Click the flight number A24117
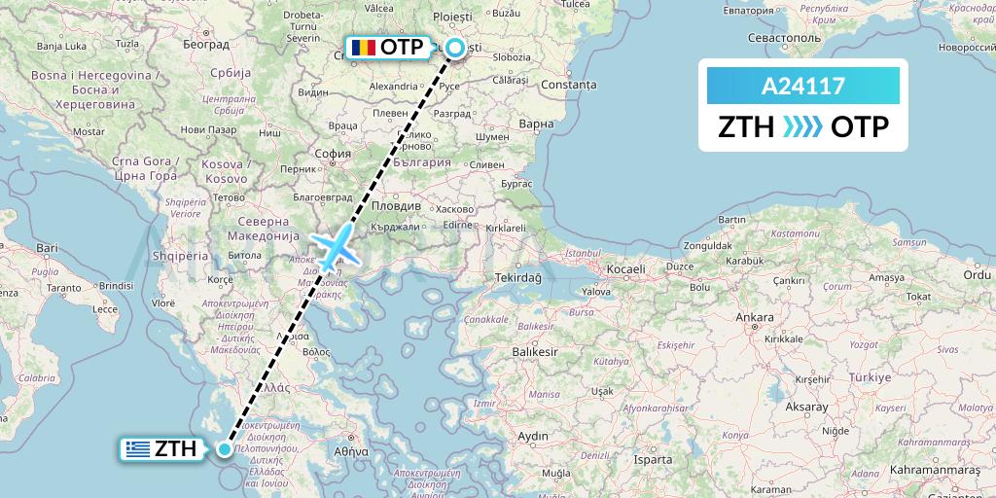[x=802, y=87]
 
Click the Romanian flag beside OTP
[x=363, y=47]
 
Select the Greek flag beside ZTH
[x=137, y=448]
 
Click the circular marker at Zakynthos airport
[x=225, y=448]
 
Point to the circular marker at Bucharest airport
[x=453, y=46]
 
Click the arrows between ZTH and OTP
[x=802, y=126]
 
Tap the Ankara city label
[x=755, y=317]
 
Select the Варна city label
[x=536, y=124]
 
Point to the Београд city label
[x=205, y=45]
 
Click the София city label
[x=334, y=153]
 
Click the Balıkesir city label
[x=535, y=350]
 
